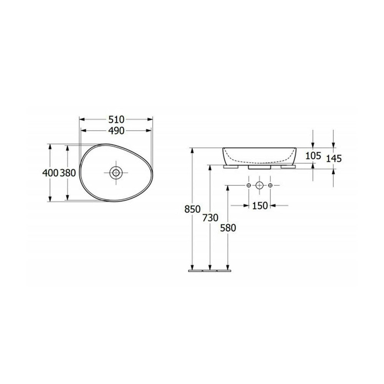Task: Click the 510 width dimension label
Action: pyautogui.click(x=116, y=119)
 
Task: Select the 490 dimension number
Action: pyautogui.click(x=116, y=131)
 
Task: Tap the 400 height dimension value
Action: pyautogui.click(x=50, y=173)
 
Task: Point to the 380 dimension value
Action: pyautogui.click(x=68, y=173)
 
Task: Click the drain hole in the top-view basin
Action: pyautogui.click(x=116, y=173)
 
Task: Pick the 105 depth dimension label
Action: pyautogui.click(x=313, y=156)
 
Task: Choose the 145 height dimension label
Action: pyautogui.click(x=334, y=159)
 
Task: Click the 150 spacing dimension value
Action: pyautogui.click(x=260, y=206)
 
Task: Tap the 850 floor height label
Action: pyautogui.click(x=192, y=209)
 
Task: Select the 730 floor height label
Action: pyautogui.click(x=210, y=217)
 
